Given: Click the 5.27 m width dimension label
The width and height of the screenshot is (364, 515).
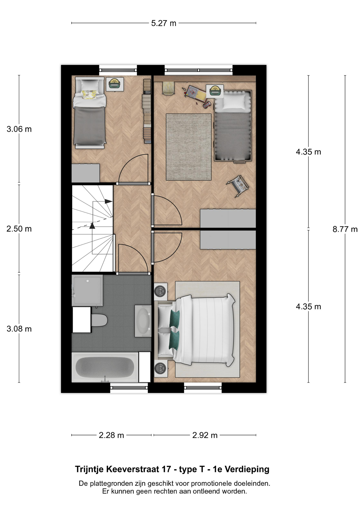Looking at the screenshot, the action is pyautogui.click(x=164, y=23).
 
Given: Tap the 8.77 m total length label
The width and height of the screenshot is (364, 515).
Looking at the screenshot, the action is pyautogui.click(x=345, y=229).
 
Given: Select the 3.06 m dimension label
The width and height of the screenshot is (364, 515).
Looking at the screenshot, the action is pyautogui.click(x=19, y=129).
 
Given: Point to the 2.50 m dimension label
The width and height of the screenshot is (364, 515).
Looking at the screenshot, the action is pyautogui.click(x=19, y=229).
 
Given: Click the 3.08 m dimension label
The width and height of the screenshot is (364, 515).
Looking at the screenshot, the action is pyautogui.click(x=19, y=329).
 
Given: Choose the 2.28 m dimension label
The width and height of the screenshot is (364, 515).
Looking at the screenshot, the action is pyautogui.click(x=111, y=435).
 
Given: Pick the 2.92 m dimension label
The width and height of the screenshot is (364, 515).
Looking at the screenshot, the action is pyautogui.click(x=205, y=435).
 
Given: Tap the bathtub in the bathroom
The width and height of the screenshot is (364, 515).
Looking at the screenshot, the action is pyautogui.click(x=105, y=367).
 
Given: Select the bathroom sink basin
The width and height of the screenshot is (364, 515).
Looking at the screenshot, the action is pyautogui.click(x=143, y=320).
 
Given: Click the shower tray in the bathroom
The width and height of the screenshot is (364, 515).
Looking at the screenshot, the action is pyautogui.click(x=87, y=290).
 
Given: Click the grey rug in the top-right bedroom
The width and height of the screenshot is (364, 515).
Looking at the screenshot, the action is pyautogui.click(x=189, y=147).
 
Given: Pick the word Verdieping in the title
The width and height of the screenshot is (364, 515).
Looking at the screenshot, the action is pyautogui.click(x=247, y=469).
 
